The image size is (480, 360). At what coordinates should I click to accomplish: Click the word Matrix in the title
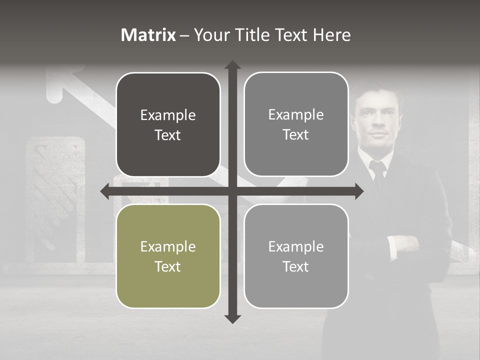(148, 35)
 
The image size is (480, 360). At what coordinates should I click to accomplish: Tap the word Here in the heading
(331, 35)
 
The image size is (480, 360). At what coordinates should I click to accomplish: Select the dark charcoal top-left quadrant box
(168, 124)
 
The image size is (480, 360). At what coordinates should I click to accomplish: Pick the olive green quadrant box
(168, 256)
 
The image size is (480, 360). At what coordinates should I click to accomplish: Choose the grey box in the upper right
(296, 124)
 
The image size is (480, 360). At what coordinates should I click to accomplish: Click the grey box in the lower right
(296, 256)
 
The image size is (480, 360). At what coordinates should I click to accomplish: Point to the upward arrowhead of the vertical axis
(232, 65)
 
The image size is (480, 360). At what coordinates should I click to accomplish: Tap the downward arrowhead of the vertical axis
(232, 318)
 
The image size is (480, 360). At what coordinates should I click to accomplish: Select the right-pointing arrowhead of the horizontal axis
(359, 191)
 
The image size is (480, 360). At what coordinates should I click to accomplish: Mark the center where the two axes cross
(232, 191)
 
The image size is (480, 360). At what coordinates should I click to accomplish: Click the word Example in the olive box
(168, 246)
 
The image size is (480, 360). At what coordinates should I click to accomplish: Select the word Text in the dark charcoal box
(168, 135)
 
